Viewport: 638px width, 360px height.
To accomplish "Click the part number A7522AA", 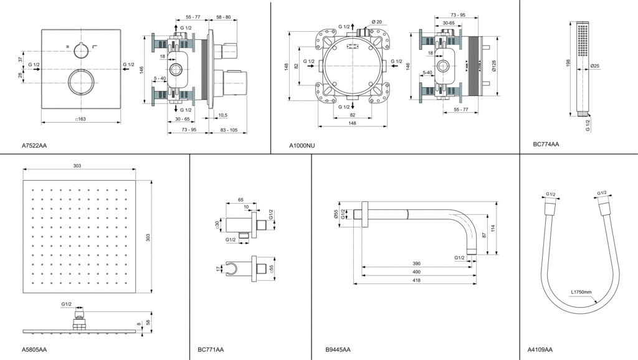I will click(34, 146).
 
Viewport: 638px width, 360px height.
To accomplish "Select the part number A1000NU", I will click(302, 146).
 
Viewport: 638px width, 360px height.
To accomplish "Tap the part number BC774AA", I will click(546, 144).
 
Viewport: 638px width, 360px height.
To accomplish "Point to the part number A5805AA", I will click(34, 349).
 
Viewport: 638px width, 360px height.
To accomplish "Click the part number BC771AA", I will click(211, 349).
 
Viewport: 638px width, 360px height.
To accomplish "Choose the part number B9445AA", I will click(338, 349).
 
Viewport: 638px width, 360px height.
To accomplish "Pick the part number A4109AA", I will click(540, 349).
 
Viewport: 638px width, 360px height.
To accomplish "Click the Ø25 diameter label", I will click(595, 66).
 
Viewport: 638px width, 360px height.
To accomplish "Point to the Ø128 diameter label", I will click(493, 66).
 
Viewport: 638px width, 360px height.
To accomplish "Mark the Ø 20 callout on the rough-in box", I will click(376, 22).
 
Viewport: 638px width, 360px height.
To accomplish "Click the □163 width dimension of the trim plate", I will click(80, 118).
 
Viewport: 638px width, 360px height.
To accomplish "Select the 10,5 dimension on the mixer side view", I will click(222, 115).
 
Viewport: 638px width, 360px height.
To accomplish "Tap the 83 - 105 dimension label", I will click(229, 130).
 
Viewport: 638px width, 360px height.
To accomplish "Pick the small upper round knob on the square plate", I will click(80, 48).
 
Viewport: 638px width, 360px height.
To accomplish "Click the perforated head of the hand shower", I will click(582, 37).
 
